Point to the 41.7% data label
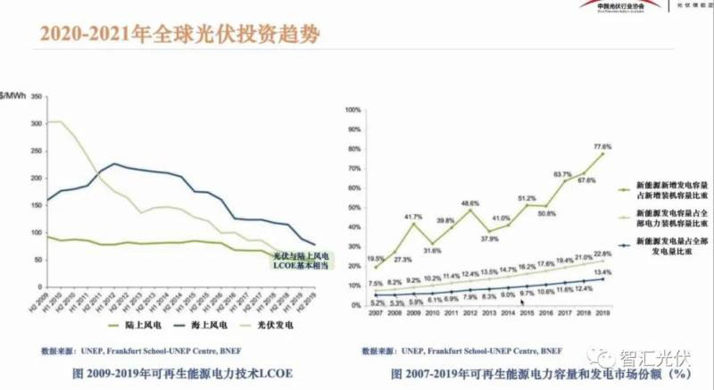(x=413, y=217)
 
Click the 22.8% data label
(x=603, y=254)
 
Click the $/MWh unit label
(x=13, y=95)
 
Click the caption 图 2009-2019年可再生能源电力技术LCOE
(x=167, y=371)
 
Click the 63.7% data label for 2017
(x=562, y=174)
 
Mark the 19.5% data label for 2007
(x=375, y=259)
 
